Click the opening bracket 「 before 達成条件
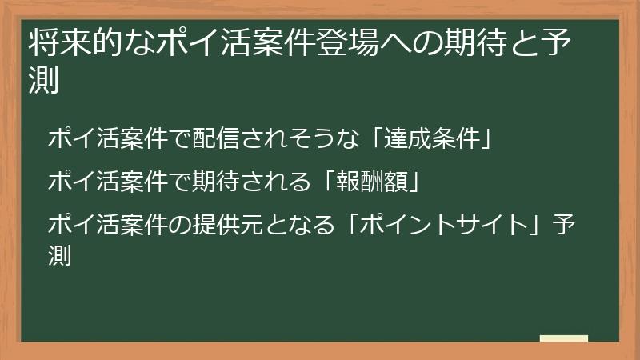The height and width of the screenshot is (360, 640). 382,139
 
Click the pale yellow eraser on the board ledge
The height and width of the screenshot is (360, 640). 564,338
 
